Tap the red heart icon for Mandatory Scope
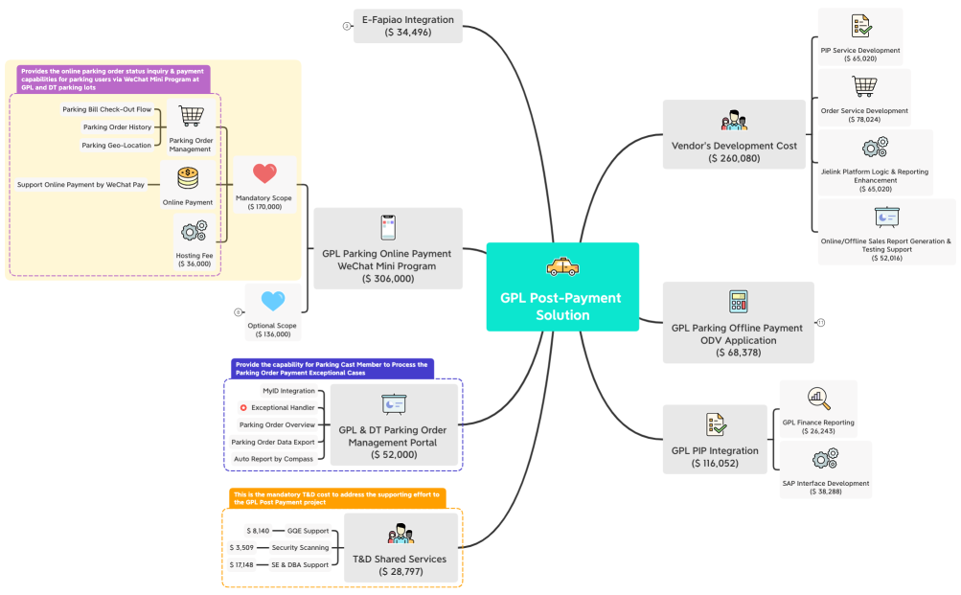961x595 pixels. pos(264,174)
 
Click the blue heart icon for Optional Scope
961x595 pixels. pos(273,301)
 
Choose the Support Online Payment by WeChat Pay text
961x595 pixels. pos(80,184)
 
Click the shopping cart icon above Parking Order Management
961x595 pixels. pos(190,115)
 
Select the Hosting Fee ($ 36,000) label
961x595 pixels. pos(194,261)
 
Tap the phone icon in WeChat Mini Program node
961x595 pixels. pos(388,227)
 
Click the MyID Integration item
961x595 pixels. pos(288,391)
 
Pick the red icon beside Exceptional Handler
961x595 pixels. pos(243,408)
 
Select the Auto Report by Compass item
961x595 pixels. pos(274,459)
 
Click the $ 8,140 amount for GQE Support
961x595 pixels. pos(260,531)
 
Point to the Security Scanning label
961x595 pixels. pos(299,548)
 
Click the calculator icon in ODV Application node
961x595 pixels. pos(738,301)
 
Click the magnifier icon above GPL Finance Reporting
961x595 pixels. pos(818,398)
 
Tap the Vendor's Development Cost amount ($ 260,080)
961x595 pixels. pos(734,158)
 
